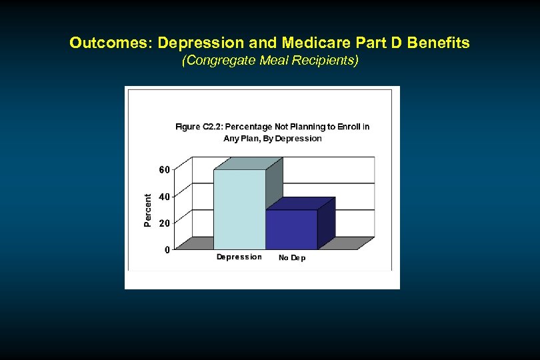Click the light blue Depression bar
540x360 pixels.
(239, 209)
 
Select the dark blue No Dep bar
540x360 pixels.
(291, 229)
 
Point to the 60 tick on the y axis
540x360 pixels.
(163, 169)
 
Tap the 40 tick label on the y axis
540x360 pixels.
(163, 197)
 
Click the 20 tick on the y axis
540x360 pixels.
(163, 223)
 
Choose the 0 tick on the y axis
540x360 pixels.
(166, 249)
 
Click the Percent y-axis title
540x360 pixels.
(147, 210)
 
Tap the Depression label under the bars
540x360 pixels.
(239, 257)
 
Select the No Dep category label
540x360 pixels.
(292, 258)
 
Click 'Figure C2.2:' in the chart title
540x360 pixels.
(198, 127)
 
